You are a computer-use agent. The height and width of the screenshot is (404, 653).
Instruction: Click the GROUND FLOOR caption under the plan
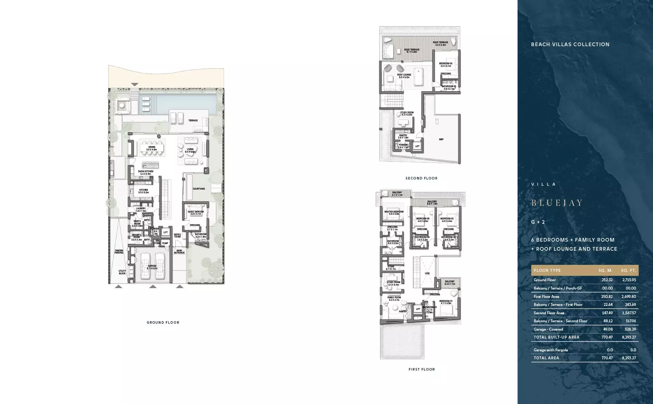point(163,322)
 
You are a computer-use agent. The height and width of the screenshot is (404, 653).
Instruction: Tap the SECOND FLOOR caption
point(421,178)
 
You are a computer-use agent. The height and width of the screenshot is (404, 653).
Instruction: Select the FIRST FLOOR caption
point(421,369)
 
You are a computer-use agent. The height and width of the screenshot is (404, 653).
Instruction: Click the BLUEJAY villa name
point(557,203)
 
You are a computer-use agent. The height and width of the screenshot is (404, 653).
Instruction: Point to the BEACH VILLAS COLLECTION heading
point(570,44)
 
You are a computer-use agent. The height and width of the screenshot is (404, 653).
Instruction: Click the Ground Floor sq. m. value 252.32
point(607,280)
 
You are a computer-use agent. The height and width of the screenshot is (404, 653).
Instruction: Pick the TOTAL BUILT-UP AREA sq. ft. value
point(629,337)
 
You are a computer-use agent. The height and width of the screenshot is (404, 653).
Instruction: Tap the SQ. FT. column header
point(628,270)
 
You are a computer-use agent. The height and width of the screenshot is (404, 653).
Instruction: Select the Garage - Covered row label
point(548,329)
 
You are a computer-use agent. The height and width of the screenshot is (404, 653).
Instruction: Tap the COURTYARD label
point(199,189)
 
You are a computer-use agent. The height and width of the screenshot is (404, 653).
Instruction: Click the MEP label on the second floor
point(441,140)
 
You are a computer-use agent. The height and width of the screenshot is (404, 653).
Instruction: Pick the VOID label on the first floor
point(427,274)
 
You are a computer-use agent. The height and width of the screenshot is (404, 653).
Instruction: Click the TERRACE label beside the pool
point(193,121)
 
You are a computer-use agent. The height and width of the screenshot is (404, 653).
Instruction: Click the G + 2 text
point(538,222)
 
